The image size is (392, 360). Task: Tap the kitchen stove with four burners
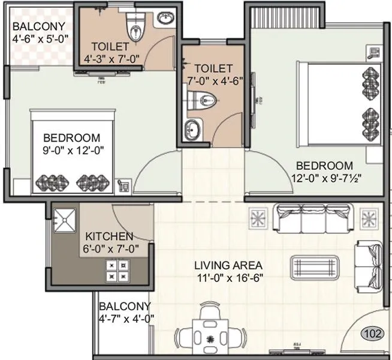(x=116, y=270)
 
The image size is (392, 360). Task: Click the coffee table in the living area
(x=315, y=265)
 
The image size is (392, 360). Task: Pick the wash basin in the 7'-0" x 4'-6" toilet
(x=192, y=128)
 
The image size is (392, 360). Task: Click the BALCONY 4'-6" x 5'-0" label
(x=37, y=32)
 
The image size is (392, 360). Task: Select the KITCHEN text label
(x=108, y=236)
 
